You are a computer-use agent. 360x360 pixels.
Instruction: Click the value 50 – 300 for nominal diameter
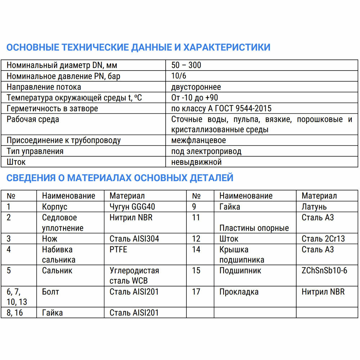click(x=186, y=65)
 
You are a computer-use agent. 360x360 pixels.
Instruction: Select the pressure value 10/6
click(x=179, y=76)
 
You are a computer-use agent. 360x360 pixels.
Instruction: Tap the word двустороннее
click(x=196, y=87)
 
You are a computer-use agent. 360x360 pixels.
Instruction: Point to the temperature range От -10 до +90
click(x=194, y=98)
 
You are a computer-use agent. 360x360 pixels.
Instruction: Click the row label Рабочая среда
click(x=33, y=120)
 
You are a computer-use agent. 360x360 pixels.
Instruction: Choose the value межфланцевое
click(x=198, y=140)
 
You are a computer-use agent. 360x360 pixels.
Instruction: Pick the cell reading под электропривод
click(x=206, y=151)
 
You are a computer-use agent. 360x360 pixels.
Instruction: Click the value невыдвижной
click(x=196, y=162)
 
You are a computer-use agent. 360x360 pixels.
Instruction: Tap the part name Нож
click(x=50, y=239)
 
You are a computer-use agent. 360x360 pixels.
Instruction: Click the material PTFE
click(x=118, y=249)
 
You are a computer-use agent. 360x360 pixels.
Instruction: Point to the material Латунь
click(x=314, y=207)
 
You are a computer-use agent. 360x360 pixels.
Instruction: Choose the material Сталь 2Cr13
click(x=323, y=239)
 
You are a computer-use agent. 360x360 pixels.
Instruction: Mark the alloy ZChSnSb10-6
click(x=324, y=270)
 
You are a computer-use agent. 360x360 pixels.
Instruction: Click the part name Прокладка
click(x=239, y=292)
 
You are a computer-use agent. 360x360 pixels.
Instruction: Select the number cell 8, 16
click(x=15, y=313)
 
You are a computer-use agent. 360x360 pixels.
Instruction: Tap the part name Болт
click(x=50, y=292)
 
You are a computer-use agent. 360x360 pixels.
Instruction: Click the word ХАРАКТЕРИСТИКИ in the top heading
click(x=227, y=48)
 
